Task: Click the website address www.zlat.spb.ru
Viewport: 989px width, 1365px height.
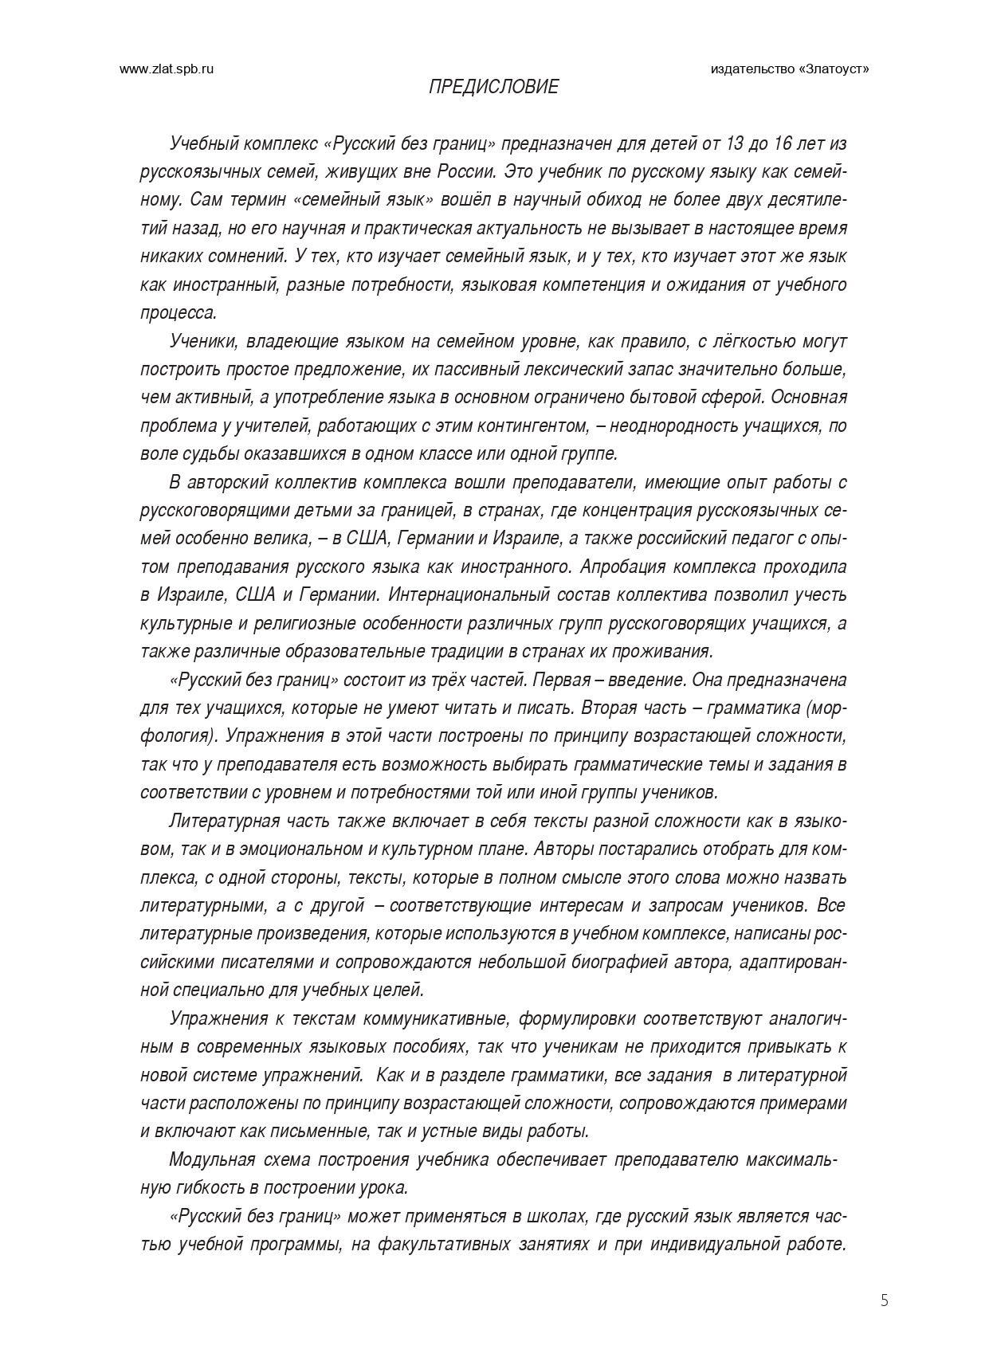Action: tap(167, 69)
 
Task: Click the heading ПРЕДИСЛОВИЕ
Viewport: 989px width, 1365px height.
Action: tap(493, 87)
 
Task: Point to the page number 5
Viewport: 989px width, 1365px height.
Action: tap(884, 1301)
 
